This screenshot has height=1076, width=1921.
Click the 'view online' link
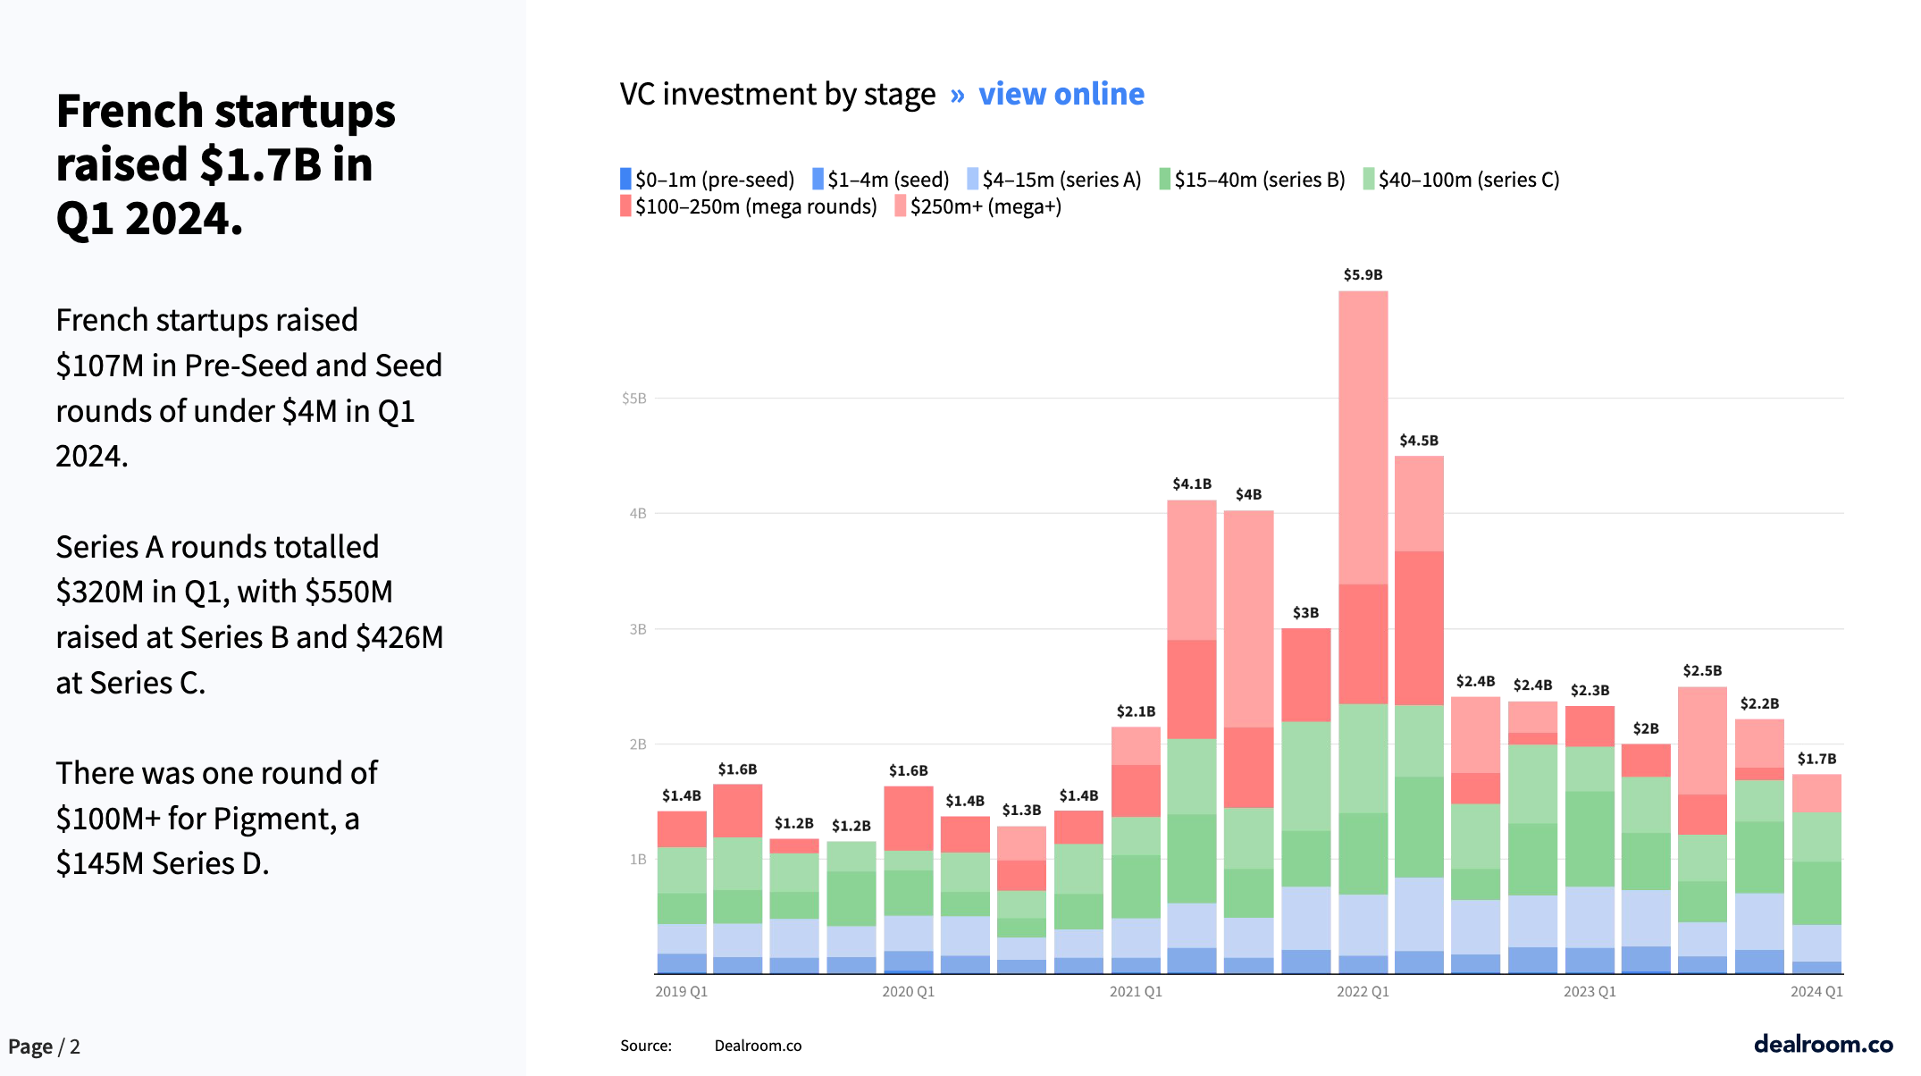coord(1061,94)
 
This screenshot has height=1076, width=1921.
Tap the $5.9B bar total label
coord(1363,275)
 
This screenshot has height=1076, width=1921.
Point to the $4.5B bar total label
coord(1419,441)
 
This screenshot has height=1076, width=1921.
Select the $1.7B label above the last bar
coord(1816,759)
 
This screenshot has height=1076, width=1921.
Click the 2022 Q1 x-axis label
coord(1363,991)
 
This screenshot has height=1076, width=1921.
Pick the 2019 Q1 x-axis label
coord(681,991)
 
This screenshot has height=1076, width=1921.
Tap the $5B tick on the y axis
coord(633,399)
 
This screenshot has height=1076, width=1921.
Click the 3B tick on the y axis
coord(637,629)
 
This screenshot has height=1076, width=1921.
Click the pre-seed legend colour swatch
coord(625,179)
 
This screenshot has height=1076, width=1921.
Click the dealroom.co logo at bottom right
coord(1823,1044)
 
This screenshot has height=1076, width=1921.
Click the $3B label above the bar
coord(1305,613)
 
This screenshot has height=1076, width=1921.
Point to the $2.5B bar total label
coord(1702,671)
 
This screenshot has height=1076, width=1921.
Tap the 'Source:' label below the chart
coord(646,1046)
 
